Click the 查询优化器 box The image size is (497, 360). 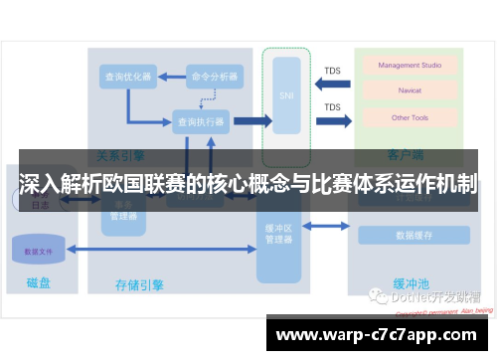click(126, 76)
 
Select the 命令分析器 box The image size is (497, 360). click(213, 76)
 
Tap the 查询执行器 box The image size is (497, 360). click(201, 121)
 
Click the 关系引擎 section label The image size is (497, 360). click(120, 155)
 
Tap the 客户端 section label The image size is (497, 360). click(406, 155)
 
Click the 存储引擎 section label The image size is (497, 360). click(140, 285)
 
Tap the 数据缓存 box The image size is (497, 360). click(414, 236)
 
